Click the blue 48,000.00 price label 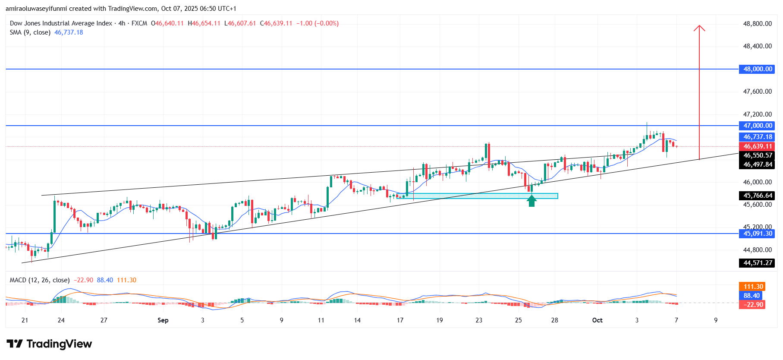coord(757,69)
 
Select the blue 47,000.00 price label coord(757,126)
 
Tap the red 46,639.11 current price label coord(757,146)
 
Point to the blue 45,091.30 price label coord(757,234)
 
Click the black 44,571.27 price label coord(757,263)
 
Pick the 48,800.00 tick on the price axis coord(757,24)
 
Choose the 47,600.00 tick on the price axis coord(757,92)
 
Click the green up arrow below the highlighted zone coord(531,201)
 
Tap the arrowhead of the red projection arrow coord(699,28)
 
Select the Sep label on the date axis coord(163,320)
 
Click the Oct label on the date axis coord(597,320)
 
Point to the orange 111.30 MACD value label coord(753,287)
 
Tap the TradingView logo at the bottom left coord(49,344)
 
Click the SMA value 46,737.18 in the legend coord(69,32)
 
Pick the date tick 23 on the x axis coord(479,320)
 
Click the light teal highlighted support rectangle coord(477,196)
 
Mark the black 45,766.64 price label coord(757,196)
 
